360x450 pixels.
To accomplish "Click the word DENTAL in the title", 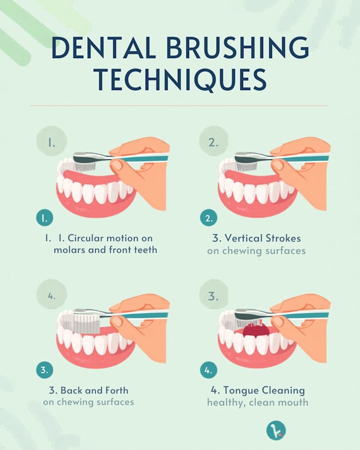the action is (x=104, y=48).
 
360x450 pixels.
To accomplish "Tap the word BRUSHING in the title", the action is (x=238, y=48).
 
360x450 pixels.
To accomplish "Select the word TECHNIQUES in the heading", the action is (x=181, y=80).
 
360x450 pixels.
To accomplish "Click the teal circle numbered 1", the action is (x=45, y=218).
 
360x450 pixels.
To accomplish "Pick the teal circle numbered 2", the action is (x=209, y=218).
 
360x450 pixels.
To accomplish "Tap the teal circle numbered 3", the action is (x=45, y=370).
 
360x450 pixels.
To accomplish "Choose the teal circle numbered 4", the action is (x=209, y=370).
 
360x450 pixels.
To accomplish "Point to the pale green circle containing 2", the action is (x=214, y=141).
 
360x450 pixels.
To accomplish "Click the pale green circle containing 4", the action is (x=52, y=294).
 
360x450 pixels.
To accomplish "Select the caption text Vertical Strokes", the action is (x=263, y=238).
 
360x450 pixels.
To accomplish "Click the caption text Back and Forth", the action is (x=94, y=390).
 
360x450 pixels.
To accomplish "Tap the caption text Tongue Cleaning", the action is (x=264, y=390).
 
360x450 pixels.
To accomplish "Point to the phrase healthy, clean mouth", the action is (x=257, y=402).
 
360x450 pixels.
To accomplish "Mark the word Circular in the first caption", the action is (x=85, y=238).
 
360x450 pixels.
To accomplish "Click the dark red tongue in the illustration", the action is (x=256, y=330).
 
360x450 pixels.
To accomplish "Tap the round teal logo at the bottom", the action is (x=276, y=430).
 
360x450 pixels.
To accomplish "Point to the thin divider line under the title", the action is (x=179, y=105).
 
